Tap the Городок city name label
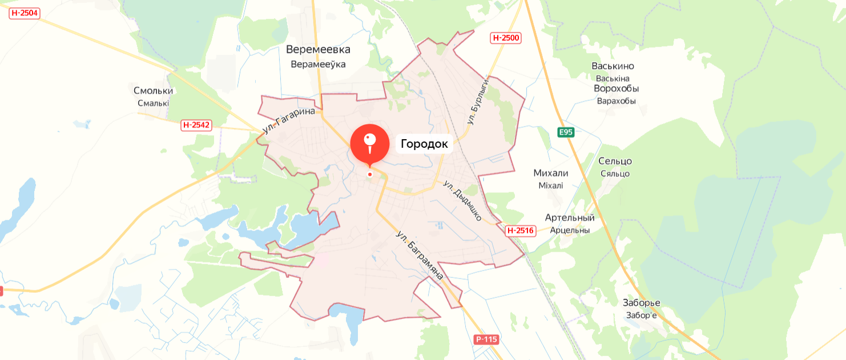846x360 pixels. pyautogui.click(x=424, y=144)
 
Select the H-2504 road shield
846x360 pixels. pyautogui.click(x=25, y=13)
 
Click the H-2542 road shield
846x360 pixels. pyautogui.click(x=196, y=125)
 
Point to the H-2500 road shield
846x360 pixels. pyautogui.click(x=506, y=38)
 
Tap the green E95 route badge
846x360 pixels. pyautogui.click(x=566, y=132)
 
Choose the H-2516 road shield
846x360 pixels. pyautogui.click(x=520, y=230)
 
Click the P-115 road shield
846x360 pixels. pyautogui.click(x=486, y=339)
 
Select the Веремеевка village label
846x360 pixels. pyautogui.click(x=318, y=50)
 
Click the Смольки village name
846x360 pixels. pyautogui.click(x=153, y=91)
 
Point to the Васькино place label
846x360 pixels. pyautogui.click(x=613, y=66)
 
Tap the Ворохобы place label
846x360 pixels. pyautogui.click(x=616, y=88)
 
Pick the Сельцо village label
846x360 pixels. pyautogui.click(x=615, y=161)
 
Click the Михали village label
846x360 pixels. pyautogui.click(x=550, y=173)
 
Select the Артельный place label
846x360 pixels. pyautogui.click(x=569, y=217)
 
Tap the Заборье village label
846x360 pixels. pyautogui.click(x=641, y=302)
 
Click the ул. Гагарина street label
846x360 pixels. pyautogui.click(x=289, y=120)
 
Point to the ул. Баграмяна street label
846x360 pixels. pyautogui.click(x=420, y=255)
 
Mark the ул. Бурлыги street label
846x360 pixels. pyautogui.click(x=478, y=102)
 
